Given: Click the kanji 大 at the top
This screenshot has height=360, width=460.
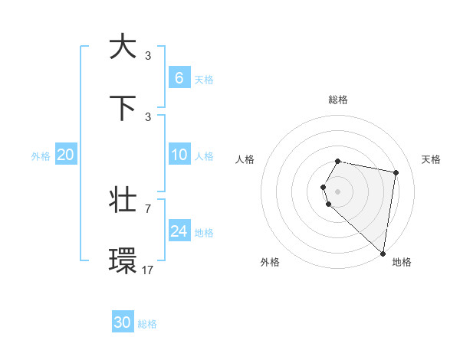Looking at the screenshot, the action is click(x=123, y=47).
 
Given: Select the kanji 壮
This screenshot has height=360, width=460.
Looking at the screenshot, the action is click(x=123, y=201).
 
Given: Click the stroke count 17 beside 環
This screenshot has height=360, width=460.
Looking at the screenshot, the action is click(x=148, y=270).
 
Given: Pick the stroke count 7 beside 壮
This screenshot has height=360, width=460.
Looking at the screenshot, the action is click(x=148, y=208).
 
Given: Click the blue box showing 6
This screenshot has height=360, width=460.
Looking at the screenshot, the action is click(x=179, y=77).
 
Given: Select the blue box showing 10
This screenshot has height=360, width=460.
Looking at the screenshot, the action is click(x=179, y=155).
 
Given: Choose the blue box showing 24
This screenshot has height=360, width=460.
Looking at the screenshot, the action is click(x=179, y=231).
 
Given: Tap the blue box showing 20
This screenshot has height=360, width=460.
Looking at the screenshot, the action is click(x=66, y=155).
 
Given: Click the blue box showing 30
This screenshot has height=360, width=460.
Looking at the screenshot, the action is click(x=123, y=322).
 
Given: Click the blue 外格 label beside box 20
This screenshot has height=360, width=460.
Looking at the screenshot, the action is click(x=41, y=156).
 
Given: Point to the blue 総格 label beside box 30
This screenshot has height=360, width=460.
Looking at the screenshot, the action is click(x=147, y=324).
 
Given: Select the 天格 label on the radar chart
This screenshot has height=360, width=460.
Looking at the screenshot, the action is click(x=432, y=159).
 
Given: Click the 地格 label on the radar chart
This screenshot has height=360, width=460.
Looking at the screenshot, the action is click(x=402, y=262).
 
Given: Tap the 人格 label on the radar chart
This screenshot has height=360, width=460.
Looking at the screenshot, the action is click(x=245, y=159).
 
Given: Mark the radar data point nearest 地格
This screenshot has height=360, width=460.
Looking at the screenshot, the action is click(x=383, y=253).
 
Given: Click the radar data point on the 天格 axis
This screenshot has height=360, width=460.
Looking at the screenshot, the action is click(x=396, y=172).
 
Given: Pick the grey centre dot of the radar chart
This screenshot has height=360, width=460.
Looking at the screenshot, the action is click(x=337, y=191).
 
